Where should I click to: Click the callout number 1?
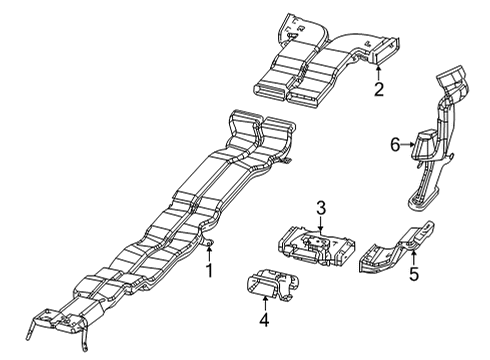(209, 272)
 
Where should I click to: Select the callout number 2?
(378, 90)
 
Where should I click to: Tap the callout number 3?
(320, 208)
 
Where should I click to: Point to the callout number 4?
(264, 321)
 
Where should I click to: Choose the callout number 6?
(395, 145)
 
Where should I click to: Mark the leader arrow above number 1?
(209, 253)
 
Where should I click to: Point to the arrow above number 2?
(378, 72)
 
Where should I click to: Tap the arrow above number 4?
(264, 303)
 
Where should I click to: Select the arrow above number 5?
(411, 253)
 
